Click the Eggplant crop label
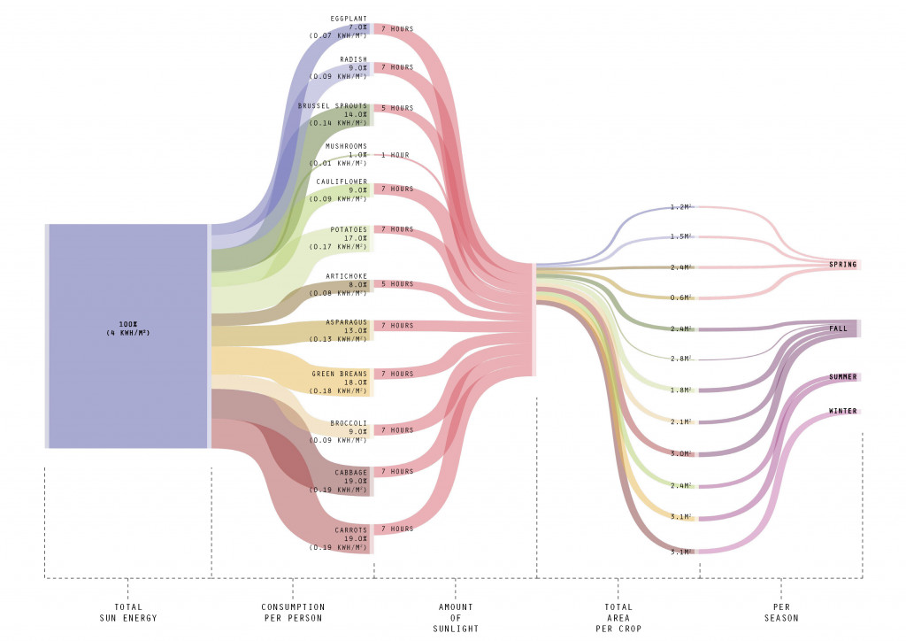point(349,19)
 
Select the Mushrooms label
point(346,146)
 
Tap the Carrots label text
point(350,530)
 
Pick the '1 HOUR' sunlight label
point(395,155)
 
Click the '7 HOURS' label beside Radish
point(396,67)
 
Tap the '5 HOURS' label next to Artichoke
point(396,284)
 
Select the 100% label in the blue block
point(128,324)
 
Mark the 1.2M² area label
point(679,207)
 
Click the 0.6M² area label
point(679,297)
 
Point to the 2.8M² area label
point(679,358)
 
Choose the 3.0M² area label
point(679,453)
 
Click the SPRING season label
point(842,265)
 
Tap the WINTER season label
point(842,411)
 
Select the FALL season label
point(839,328)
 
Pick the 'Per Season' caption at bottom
point(781,612)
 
